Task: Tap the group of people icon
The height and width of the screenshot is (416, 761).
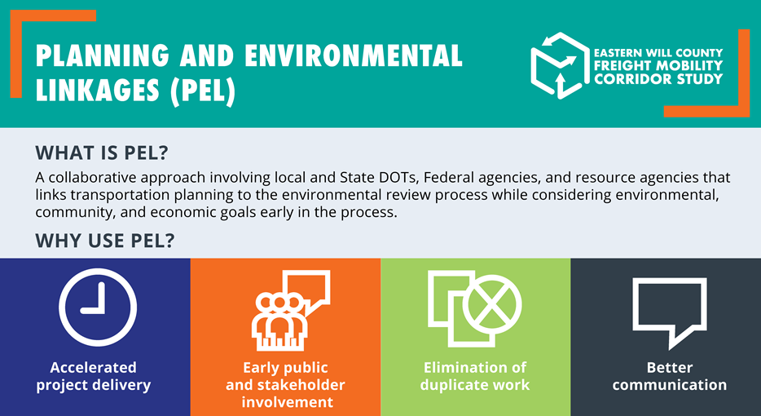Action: point(279,322)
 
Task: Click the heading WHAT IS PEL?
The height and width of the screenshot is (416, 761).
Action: point(101,153)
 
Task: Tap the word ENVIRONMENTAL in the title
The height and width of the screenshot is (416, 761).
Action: point(354,56)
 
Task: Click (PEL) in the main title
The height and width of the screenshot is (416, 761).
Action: point(203,92)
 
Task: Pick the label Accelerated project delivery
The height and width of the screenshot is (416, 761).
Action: point(93,376)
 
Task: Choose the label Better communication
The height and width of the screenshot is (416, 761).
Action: point(670,376)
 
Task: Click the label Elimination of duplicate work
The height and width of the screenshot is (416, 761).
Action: point(475,376)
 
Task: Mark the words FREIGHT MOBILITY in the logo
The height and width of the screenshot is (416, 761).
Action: point(658,65)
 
